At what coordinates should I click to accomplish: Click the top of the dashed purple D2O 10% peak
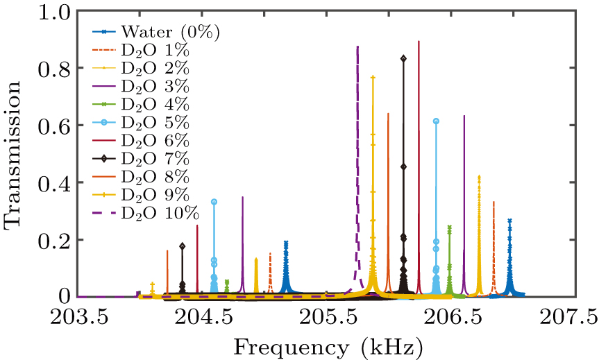[x=357, y=47]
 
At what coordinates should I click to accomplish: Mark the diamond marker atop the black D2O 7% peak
[x=403, y=58]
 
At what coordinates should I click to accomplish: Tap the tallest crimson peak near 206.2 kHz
[x=419, y=42]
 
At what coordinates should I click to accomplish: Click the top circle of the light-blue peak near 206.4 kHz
[x=436, y=121]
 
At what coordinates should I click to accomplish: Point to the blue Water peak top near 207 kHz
[x=509, y=221]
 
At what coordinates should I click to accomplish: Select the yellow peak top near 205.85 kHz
[x=373, y=78]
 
